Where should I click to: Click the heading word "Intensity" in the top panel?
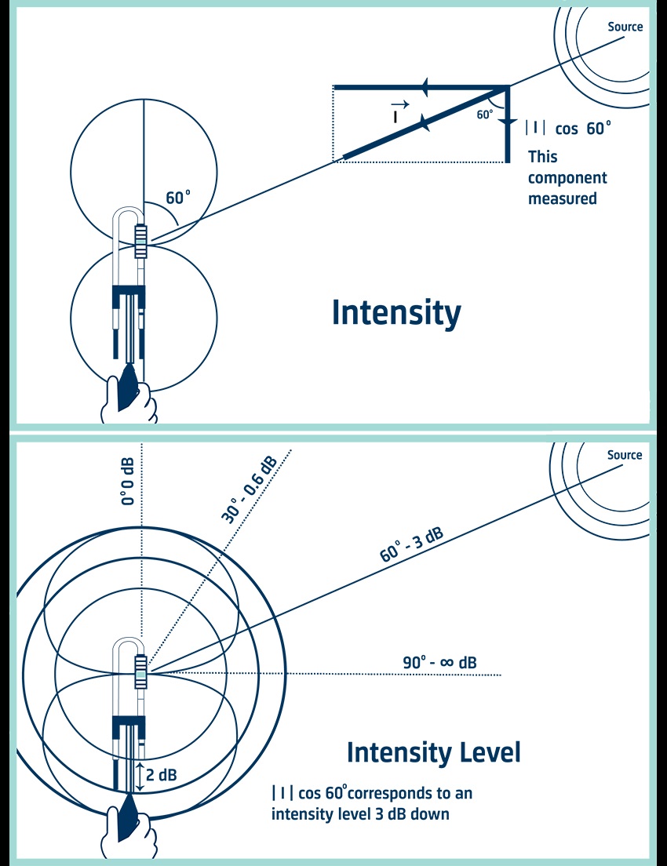tap(396, 313)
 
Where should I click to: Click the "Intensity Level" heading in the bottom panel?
tap(433, 752)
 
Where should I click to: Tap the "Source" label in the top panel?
tap(625, 27)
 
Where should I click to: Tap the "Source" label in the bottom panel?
tap(625, 455)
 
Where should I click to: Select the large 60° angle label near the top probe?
tap(177, 198)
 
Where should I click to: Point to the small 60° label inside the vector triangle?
tap(485, 115)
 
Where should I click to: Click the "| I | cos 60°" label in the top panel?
tap(567, 128)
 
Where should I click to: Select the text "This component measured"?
tap(567, 177)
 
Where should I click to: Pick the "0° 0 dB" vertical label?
tap(128, 481)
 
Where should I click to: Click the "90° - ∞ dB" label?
tap(439, 663)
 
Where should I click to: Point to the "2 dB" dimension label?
tap(162, 775)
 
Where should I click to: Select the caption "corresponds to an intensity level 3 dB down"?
tap(372, 803)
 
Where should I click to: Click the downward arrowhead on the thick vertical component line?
tap(508, 122)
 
